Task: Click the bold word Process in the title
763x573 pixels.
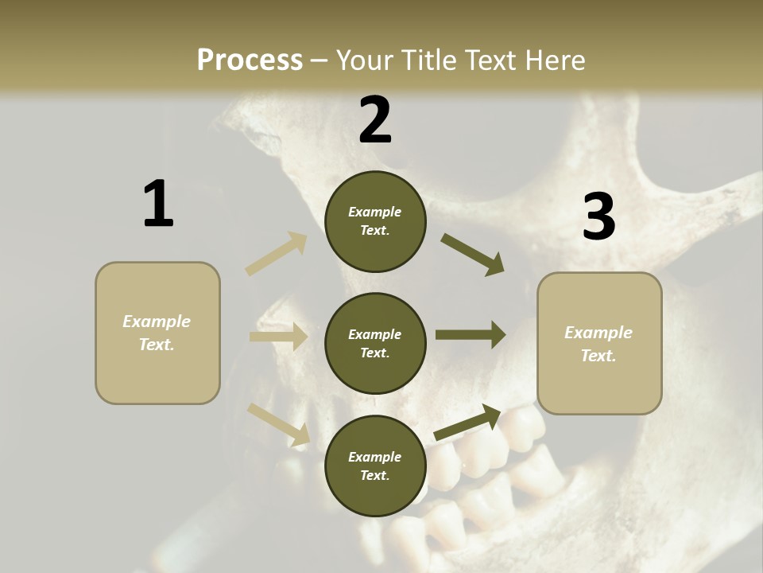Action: pos(250,60)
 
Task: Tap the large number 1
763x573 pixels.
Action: pos(158,204)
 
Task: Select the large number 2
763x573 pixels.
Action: pos(375,120)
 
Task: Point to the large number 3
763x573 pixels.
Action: pos(598,216)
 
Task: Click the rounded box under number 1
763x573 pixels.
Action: pos(157,333)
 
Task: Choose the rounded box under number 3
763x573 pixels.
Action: pos(599,344)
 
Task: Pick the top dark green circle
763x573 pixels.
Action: pos(375,221)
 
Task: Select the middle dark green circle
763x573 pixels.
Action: pos(375,344)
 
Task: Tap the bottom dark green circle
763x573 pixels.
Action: pos(375,466)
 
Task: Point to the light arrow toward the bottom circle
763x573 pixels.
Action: pos(279,423)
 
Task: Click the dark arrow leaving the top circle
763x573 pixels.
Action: pos(473,255)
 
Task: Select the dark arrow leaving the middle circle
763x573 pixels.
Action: pos(471,335)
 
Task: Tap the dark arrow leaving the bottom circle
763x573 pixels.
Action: pos(468,422)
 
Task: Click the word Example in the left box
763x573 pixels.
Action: pos(157,322)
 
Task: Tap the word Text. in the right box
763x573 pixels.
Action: pos(598,356)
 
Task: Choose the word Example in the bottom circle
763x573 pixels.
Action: pos(375,457)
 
